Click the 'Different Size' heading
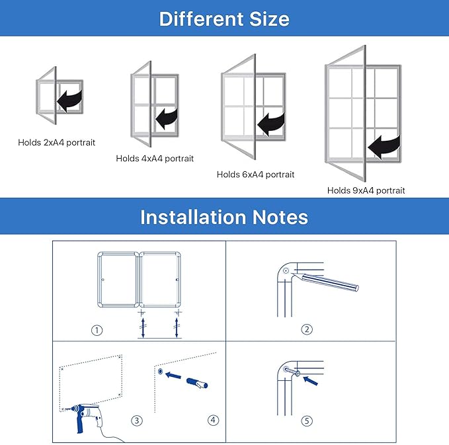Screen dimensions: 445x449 (224, 18)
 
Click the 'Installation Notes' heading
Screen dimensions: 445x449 (224, 217)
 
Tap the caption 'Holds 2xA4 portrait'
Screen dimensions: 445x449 (57, 142)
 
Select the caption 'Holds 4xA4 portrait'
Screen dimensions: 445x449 (155, 159)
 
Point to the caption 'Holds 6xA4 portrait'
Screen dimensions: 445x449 (256, 175)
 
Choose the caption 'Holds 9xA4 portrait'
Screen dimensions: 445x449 (366, 190)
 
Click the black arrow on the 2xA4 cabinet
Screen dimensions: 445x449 (69, 101)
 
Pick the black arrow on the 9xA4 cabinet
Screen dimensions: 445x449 (386, 145)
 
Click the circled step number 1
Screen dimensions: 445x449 (98, 330)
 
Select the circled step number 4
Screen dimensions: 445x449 (212, 420)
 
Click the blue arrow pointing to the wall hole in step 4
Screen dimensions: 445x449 (173, 376)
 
